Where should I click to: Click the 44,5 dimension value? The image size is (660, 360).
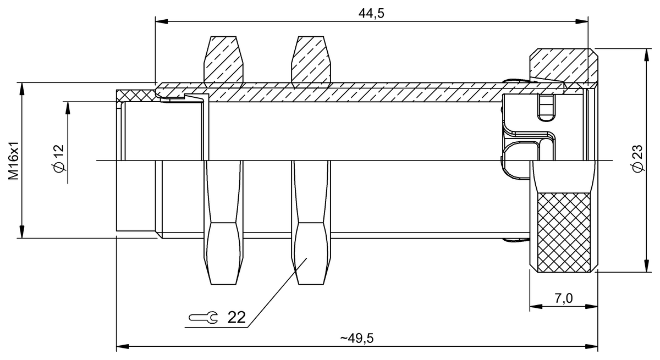[x=371, y=13]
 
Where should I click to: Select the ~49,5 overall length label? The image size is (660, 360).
[x=356, y=338]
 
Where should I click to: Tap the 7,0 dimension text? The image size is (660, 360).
[x=563, y=298]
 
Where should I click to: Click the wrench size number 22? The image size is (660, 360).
[x=237, y=317]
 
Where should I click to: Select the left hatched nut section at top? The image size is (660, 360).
[x=223, y=60]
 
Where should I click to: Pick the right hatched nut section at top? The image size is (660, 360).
[x=313, y=60]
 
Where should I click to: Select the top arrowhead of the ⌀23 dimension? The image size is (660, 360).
[x=645, y=54]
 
